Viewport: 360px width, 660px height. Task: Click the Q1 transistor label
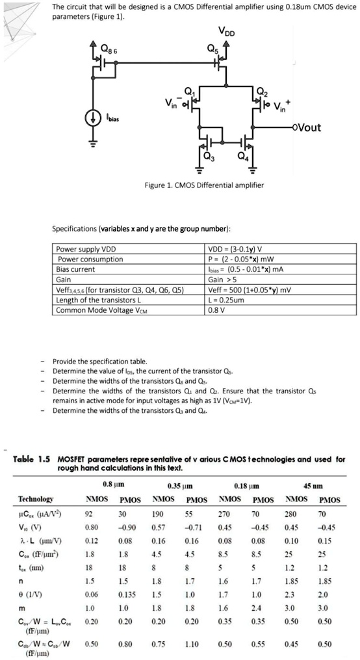[x=189, y=91]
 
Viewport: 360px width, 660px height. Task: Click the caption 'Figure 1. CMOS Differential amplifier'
[x=204, y=185]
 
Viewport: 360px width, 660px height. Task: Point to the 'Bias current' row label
[x=74, y=269]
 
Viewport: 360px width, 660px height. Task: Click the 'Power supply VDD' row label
[x=86, y=250]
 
